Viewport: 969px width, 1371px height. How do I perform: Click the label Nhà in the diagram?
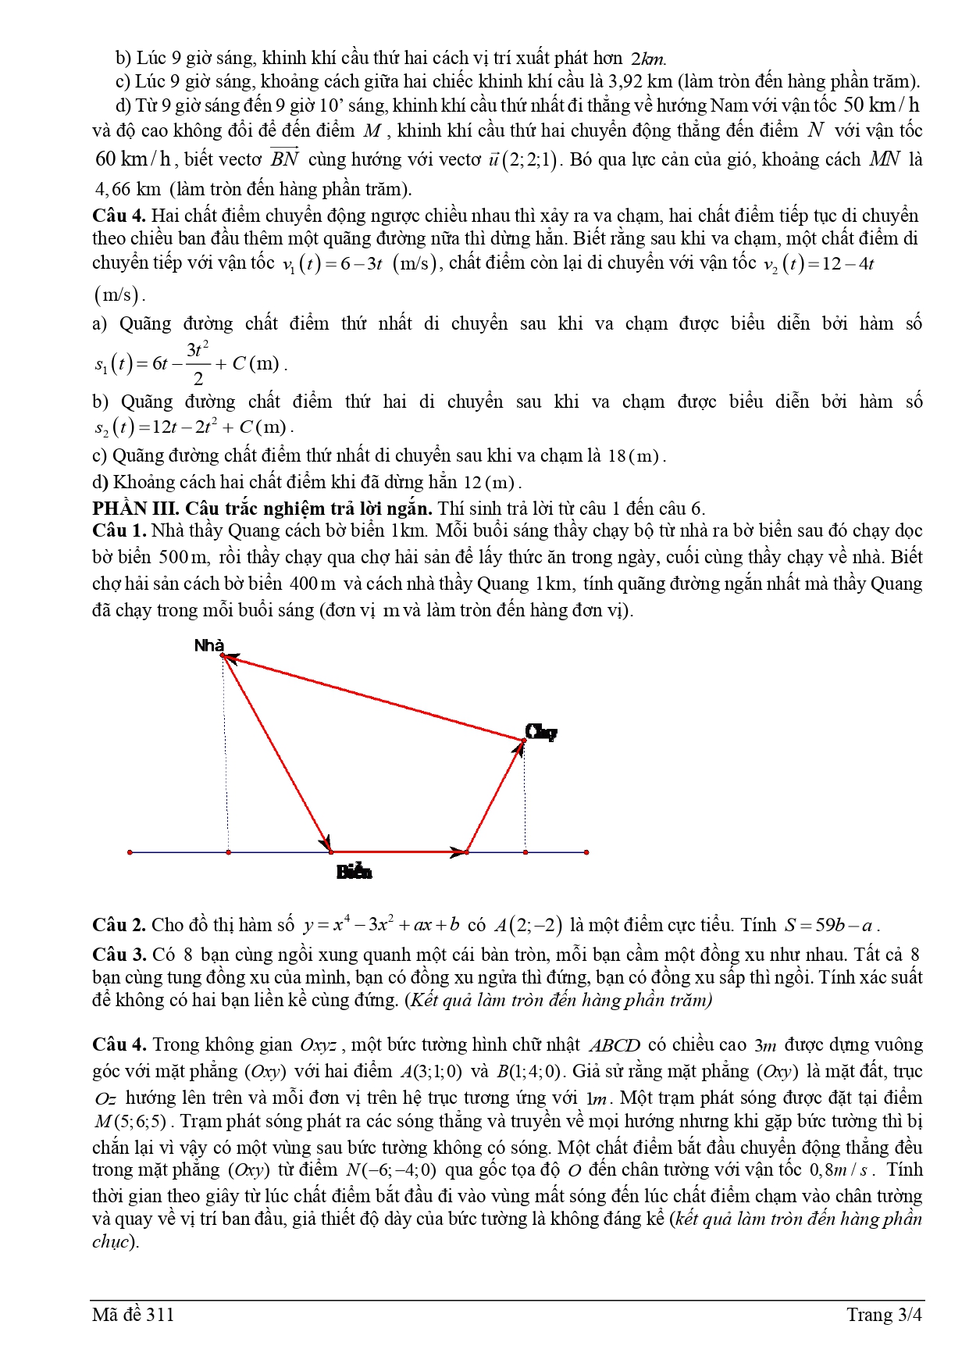(209, 645)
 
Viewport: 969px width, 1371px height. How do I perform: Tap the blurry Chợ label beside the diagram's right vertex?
(541, 732)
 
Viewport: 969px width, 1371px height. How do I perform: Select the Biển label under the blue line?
(354, 872)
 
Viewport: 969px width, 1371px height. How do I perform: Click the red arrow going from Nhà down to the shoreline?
(276, 753)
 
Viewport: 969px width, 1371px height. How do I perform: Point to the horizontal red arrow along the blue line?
(398, 852)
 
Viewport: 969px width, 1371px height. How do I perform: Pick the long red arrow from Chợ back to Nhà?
(373, 698)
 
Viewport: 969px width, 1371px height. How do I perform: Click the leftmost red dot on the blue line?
(130, 852)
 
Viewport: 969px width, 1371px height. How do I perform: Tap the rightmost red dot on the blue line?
(586, 852)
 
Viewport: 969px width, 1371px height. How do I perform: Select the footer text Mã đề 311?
(133, 1315)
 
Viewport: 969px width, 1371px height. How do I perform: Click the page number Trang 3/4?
(884, 1315)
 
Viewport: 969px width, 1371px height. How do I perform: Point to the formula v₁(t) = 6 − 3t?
(332, 264)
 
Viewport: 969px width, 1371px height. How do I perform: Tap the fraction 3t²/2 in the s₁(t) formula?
(198, 364)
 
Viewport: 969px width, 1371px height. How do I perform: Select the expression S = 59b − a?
(828, 926)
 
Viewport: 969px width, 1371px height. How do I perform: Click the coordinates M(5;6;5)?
(130, 1122)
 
